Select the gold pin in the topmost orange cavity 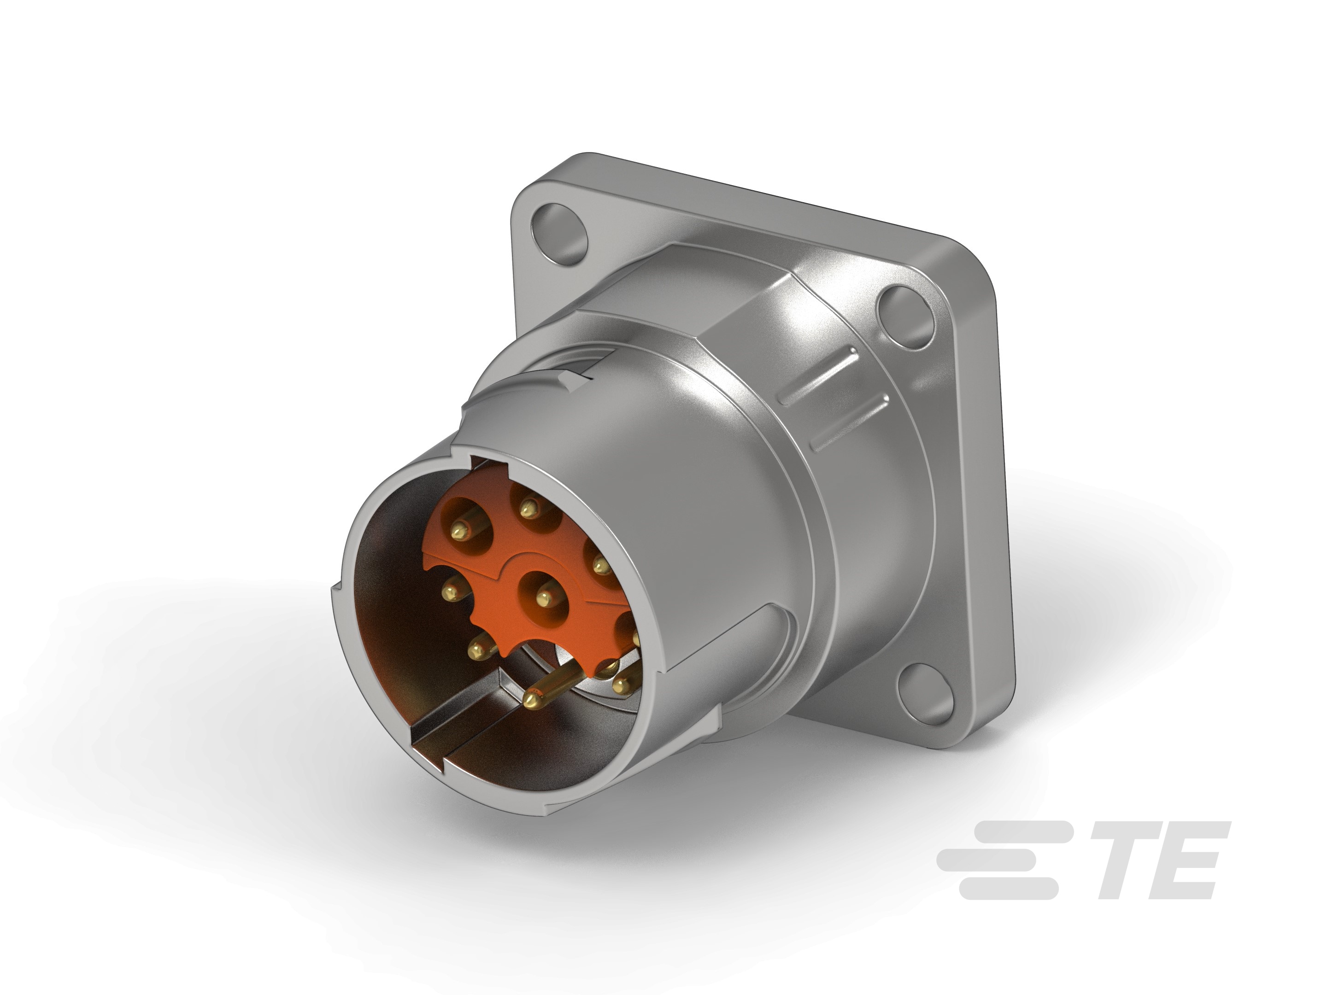pyautogui.click(x=527, y=509)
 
